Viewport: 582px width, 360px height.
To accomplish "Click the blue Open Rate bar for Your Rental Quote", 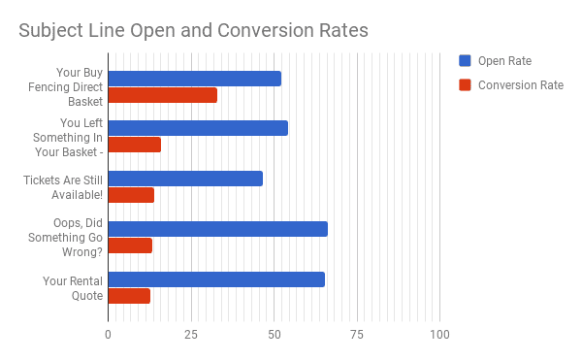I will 215,279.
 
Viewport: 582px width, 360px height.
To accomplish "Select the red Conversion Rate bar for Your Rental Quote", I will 129,296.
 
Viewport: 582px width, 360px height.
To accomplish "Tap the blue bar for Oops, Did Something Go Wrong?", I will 217,229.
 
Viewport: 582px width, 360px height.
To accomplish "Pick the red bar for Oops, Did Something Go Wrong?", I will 130,245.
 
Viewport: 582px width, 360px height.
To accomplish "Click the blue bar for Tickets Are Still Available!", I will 184,179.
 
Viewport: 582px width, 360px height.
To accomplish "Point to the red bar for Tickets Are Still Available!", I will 131,195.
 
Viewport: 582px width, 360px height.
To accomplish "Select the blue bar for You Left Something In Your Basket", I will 198,128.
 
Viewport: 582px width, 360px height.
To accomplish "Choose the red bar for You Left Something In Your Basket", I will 134,145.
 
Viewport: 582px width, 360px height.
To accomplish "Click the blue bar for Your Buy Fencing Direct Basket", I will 194,79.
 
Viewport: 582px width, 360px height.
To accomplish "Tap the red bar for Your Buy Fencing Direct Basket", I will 162,95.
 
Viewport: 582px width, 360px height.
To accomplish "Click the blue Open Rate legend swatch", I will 465,61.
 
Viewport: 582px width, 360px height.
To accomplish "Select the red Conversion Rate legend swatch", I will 465,84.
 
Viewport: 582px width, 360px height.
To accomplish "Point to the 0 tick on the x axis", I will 108,335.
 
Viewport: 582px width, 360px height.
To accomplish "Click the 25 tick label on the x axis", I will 191,335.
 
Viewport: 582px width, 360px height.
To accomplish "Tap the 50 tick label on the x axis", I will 274,335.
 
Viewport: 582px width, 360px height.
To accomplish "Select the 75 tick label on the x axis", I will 357,335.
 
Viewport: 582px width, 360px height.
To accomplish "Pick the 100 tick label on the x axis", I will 439,335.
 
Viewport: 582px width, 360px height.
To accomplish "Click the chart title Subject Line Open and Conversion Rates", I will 194,30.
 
